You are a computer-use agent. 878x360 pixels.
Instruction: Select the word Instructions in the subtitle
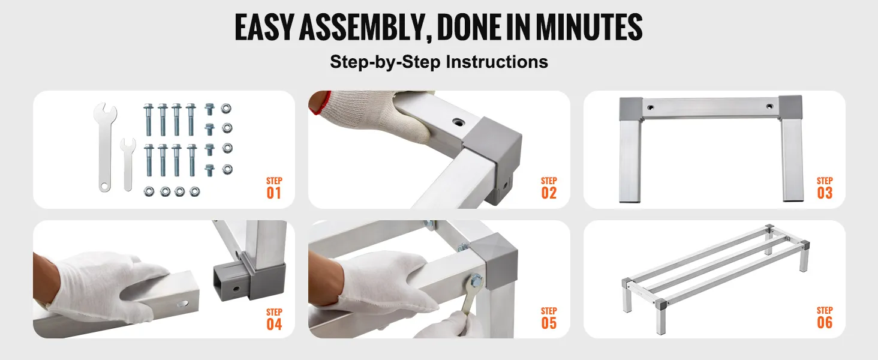pyautogui.click(x=497, y=62)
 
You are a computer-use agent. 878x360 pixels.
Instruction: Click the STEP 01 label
pyautogui.click(x=274, y=188)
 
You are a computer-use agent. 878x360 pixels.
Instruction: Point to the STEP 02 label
pyautogui.click(x=549, y=188)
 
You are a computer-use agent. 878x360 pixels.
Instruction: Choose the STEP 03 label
pyautogui.click(x=825, y=188)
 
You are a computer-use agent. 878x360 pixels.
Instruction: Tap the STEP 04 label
pyautogui.click(x=274, y=319)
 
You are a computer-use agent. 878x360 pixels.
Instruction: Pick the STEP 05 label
pyautogui.click(x=549, y=318)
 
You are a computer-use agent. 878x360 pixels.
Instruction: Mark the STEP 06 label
pyautogui.click(x=825, y=317)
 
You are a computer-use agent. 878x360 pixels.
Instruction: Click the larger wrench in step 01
pyautogui.click(x=105, y=147)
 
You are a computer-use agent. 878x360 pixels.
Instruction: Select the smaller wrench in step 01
pyautogui.click(x=128, y=164)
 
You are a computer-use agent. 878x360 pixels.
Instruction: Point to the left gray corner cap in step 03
pyautogui.click(x=631, y=109)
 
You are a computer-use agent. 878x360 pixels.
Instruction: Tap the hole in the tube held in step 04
pyautogui.click(x=182, y=304)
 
